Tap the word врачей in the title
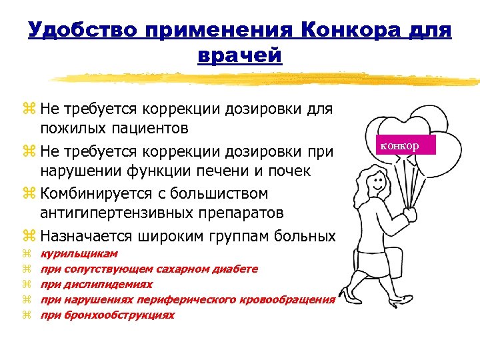240,55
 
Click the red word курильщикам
79,254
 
